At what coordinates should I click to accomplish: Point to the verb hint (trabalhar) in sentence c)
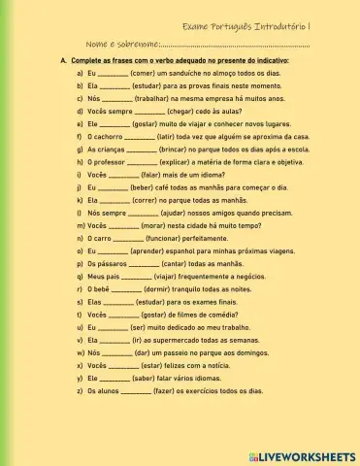159,98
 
